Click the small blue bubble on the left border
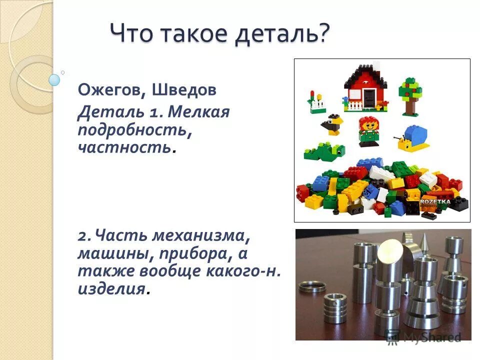54,79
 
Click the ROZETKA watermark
435,201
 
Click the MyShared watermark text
431,337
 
